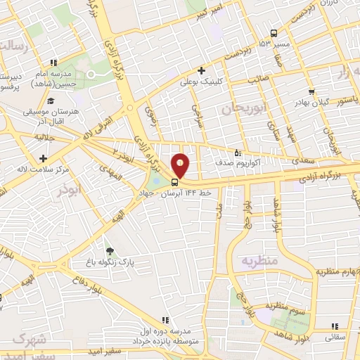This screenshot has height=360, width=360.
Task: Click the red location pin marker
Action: tap(181, 165)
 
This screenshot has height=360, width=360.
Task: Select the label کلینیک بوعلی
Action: tap(229, 82)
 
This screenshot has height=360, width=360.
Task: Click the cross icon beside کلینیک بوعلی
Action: tap(202, 70)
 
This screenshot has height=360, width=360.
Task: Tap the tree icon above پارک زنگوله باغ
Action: tap(109, 250)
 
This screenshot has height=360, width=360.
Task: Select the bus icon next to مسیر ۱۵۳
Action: tap(274, 33)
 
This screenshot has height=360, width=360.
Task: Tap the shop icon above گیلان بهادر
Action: tap(311, 91)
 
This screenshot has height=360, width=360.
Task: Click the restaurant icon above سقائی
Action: tap(335, 326)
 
